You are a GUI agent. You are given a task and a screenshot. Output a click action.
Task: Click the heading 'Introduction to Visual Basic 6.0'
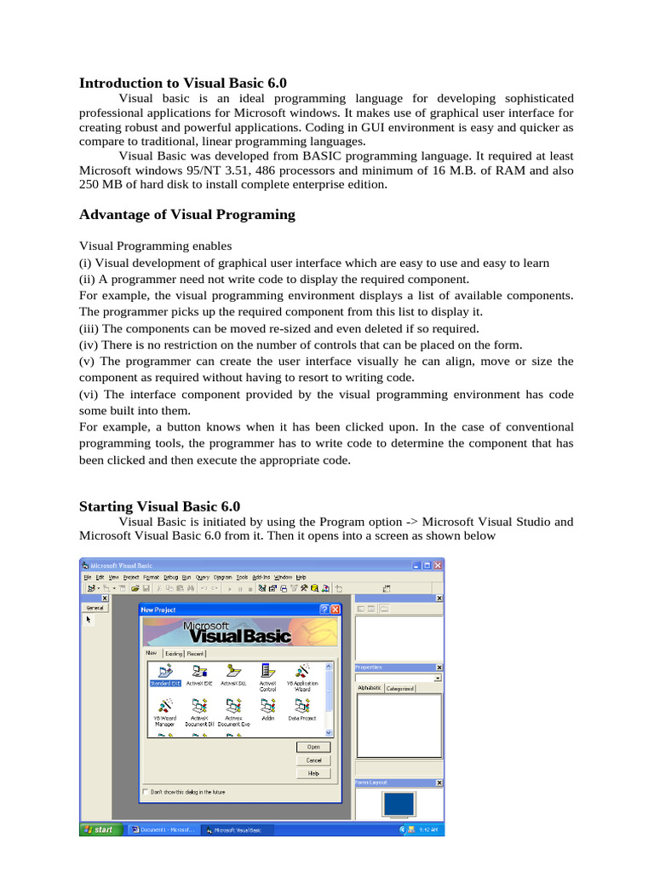pyautogui.click(x=183, y=83)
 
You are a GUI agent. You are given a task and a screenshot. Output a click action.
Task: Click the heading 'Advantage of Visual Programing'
pyautogui.click(x=186, y=214)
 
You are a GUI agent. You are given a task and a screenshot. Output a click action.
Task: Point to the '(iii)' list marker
pyautogui.click(x=89, y=328)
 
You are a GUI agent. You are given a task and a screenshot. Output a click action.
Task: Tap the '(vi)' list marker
pyautogui.click(x=89, y=394)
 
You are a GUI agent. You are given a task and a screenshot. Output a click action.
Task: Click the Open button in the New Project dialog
pyautogui.click(x=313, y=747)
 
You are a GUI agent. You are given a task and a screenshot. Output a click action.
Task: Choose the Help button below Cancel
pyautogui.click(x=313, y=773)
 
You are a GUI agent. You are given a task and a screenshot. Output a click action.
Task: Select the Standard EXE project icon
pyautogui.click(x=165, y=674)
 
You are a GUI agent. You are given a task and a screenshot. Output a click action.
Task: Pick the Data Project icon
pyautogui.click(x=301, y=708)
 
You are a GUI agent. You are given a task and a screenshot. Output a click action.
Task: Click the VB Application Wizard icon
pyautogui.click(x=301, y=674)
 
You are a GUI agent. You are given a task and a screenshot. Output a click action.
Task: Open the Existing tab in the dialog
pyautogui.click(x=174, y=653)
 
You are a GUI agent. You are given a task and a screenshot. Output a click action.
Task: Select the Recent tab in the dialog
pyautogui.click(x=195, y=653)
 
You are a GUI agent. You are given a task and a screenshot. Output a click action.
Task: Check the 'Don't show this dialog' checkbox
pyautogui.click(x=146, y=792)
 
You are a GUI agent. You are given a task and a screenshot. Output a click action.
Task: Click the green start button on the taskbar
pyautogui.click(x=99, y=829)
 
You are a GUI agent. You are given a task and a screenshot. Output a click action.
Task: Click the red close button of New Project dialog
pyautogui.click(x=336, y=609)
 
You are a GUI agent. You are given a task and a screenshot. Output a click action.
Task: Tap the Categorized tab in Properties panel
pyautogui.click(x=399, y=688)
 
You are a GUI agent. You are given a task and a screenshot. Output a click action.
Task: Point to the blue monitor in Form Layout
pyautogui.click(x=399, y=805)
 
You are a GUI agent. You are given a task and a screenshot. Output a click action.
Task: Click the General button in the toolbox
pyautogui.click(x=95, y=608)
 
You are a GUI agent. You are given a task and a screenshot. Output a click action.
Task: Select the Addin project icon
pyautogui.click(x=267, y=708)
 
